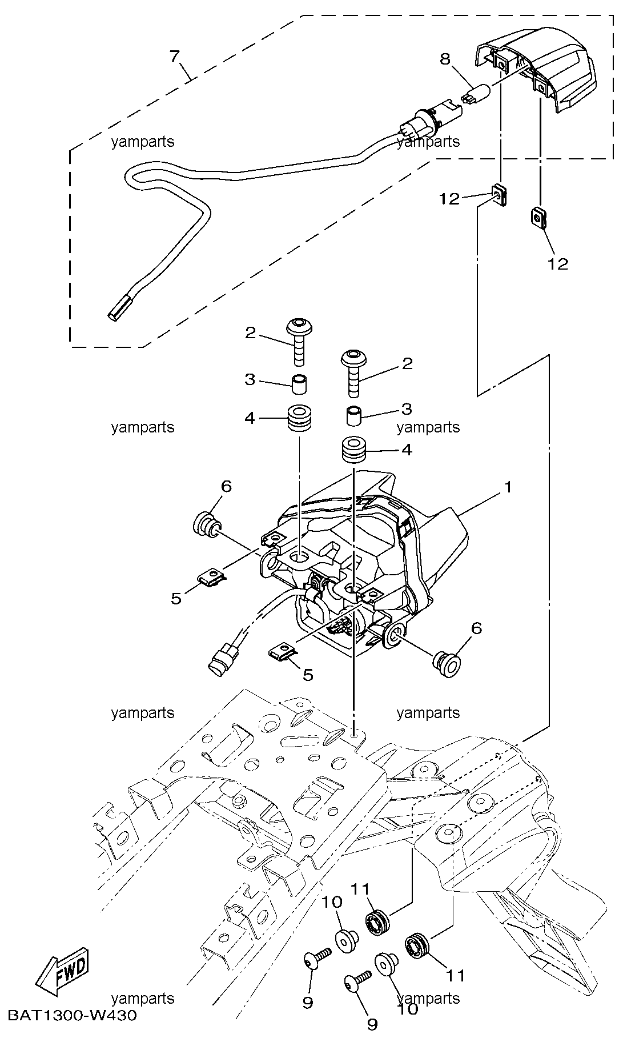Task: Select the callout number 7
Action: point(175,56)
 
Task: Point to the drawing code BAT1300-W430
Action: point(73,1015)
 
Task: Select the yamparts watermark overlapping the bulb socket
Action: point(428,141)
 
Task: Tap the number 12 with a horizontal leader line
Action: point(449,199)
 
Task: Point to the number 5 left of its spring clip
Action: point(176,598)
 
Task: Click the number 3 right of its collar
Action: point(407,408)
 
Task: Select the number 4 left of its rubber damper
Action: point(250,418)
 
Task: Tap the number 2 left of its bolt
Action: point(251,332)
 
